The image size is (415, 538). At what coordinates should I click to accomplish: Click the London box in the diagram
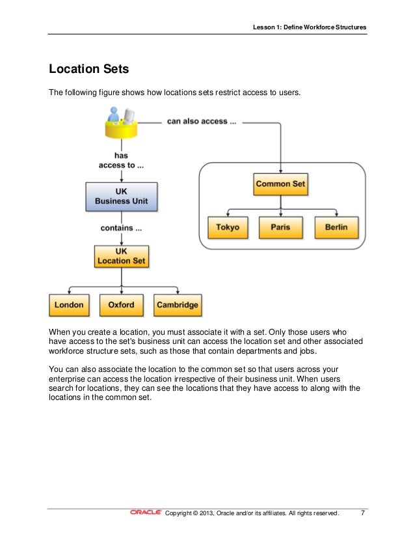pyautogui.click(x=69, y=304)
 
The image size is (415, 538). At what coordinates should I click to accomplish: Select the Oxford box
pyautogui.click(x=121, y=304)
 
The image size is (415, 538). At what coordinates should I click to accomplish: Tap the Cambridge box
pyautogui.click(x=177, y=304)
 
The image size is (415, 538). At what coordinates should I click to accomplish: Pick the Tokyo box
pyautogui.click(x=228, y=227)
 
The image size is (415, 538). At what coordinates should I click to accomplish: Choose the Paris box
pyautogui.click(x=280, y=227)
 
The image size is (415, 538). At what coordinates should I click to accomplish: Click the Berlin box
pyautogui.click(x=336, y=227)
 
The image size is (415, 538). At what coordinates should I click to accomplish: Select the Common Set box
pyautogui.click(x=280, y=184)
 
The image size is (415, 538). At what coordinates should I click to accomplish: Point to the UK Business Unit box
pyautogui.click(x=121, y=196)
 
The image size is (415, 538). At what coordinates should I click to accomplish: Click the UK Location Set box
pyautogui.click(x=121, y=256)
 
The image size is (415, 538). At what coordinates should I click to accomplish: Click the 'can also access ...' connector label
pyautogui.click(x=197, y=121)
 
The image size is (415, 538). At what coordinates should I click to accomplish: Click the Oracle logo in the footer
pyautogui.click(x=146, y=513)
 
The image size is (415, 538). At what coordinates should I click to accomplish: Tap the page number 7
pyautogui.click(x=363, y=513)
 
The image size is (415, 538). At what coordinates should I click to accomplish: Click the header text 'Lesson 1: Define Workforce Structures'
pyautogui.click(x=310, y=27)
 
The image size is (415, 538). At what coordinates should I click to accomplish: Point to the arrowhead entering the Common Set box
pyautogui.click(x=280, y=172)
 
